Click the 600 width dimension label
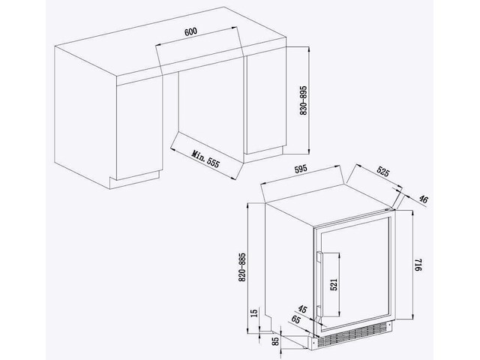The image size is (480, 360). click(x=190, y=31)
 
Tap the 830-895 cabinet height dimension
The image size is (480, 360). click(x=303, y=100)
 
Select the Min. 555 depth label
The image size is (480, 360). click(x=205, y=159)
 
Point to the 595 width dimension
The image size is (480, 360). click(x=301, y=169)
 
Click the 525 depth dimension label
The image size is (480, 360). click(x=382, y=172)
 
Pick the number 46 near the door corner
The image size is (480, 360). click(x=423, y=199)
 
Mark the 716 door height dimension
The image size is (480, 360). click(x=418, y=265)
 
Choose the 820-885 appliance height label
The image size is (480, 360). click(x=242, y=267)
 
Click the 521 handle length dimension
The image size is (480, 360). click(x=334, y=284)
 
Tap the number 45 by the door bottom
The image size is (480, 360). click(x=301, y=310)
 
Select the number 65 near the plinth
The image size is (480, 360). click(x=295, y=319)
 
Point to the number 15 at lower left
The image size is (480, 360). click(x=254, y=313)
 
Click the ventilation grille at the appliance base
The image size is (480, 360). click(x=355, y=336)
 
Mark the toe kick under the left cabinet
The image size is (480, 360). click(x=135, y=181)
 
